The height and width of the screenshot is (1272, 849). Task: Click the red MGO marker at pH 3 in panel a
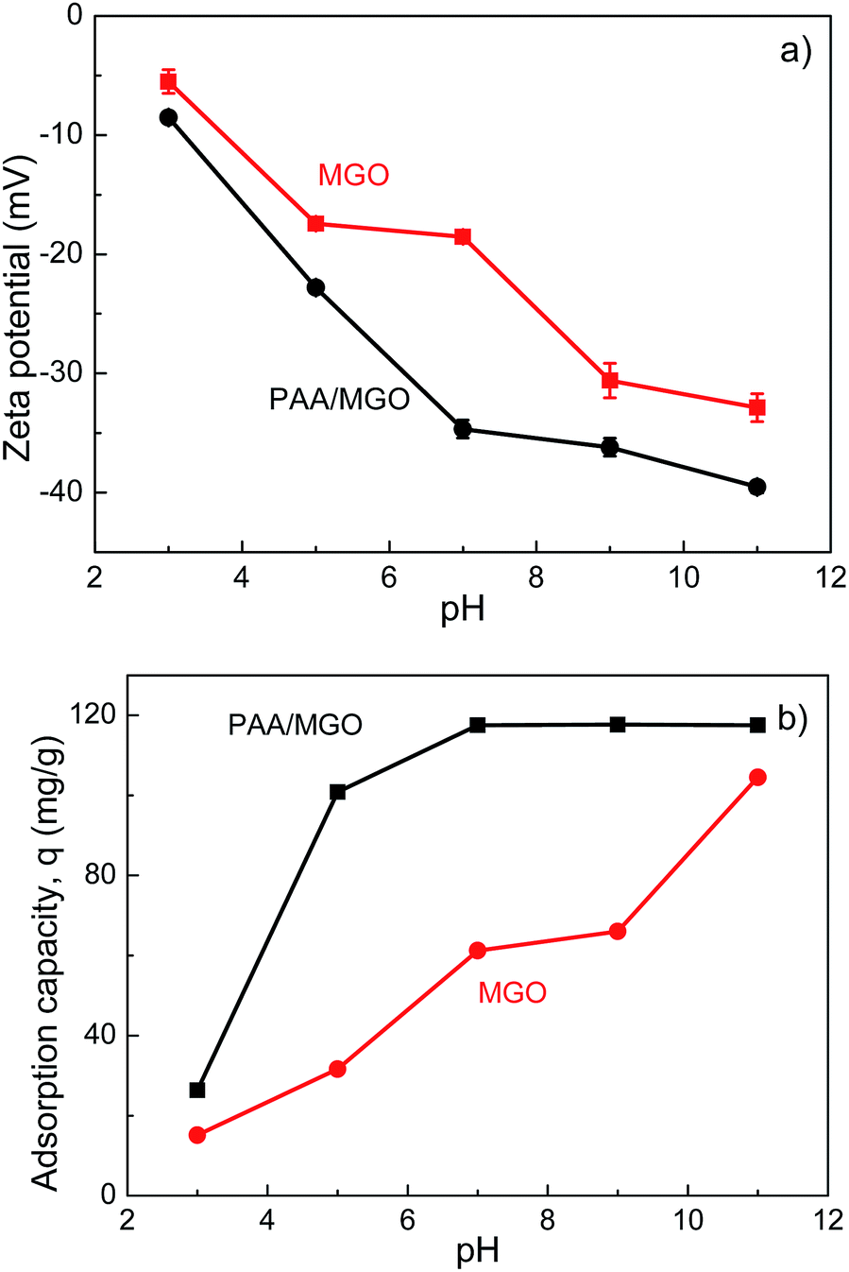click(x=168, y=81)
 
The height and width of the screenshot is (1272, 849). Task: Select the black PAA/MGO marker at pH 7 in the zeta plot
click(x=463, y=429)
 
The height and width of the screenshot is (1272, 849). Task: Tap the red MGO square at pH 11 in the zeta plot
click(x=756, y=407)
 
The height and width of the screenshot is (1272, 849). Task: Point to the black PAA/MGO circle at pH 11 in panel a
click(x=756, y=487)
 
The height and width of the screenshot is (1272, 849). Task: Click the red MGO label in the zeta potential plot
click(x=353, y=175)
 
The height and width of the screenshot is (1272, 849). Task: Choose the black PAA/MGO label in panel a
click(x=339, y=400)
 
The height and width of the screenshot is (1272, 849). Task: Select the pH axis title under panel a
click(x=463, y=610)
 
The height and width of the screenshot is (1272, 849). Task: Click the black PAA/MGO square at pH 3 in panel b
click(x=197, y=1090)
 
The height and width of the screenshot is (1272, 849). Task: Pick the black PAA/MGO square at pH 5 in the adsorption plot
click(x=337, y=792)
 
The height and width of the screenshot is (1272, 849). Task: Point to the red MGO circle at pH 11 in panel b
click(x=757, y=777)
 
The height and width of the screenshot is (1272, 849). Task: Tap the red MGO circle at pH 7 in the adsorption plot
click(x=478, y=950)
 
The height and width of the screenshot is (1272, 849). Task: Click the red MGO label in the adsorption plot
click(x=512, y=992)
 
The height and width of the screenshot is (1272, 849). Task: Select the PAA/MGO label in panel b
click(x=295, y=725)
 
